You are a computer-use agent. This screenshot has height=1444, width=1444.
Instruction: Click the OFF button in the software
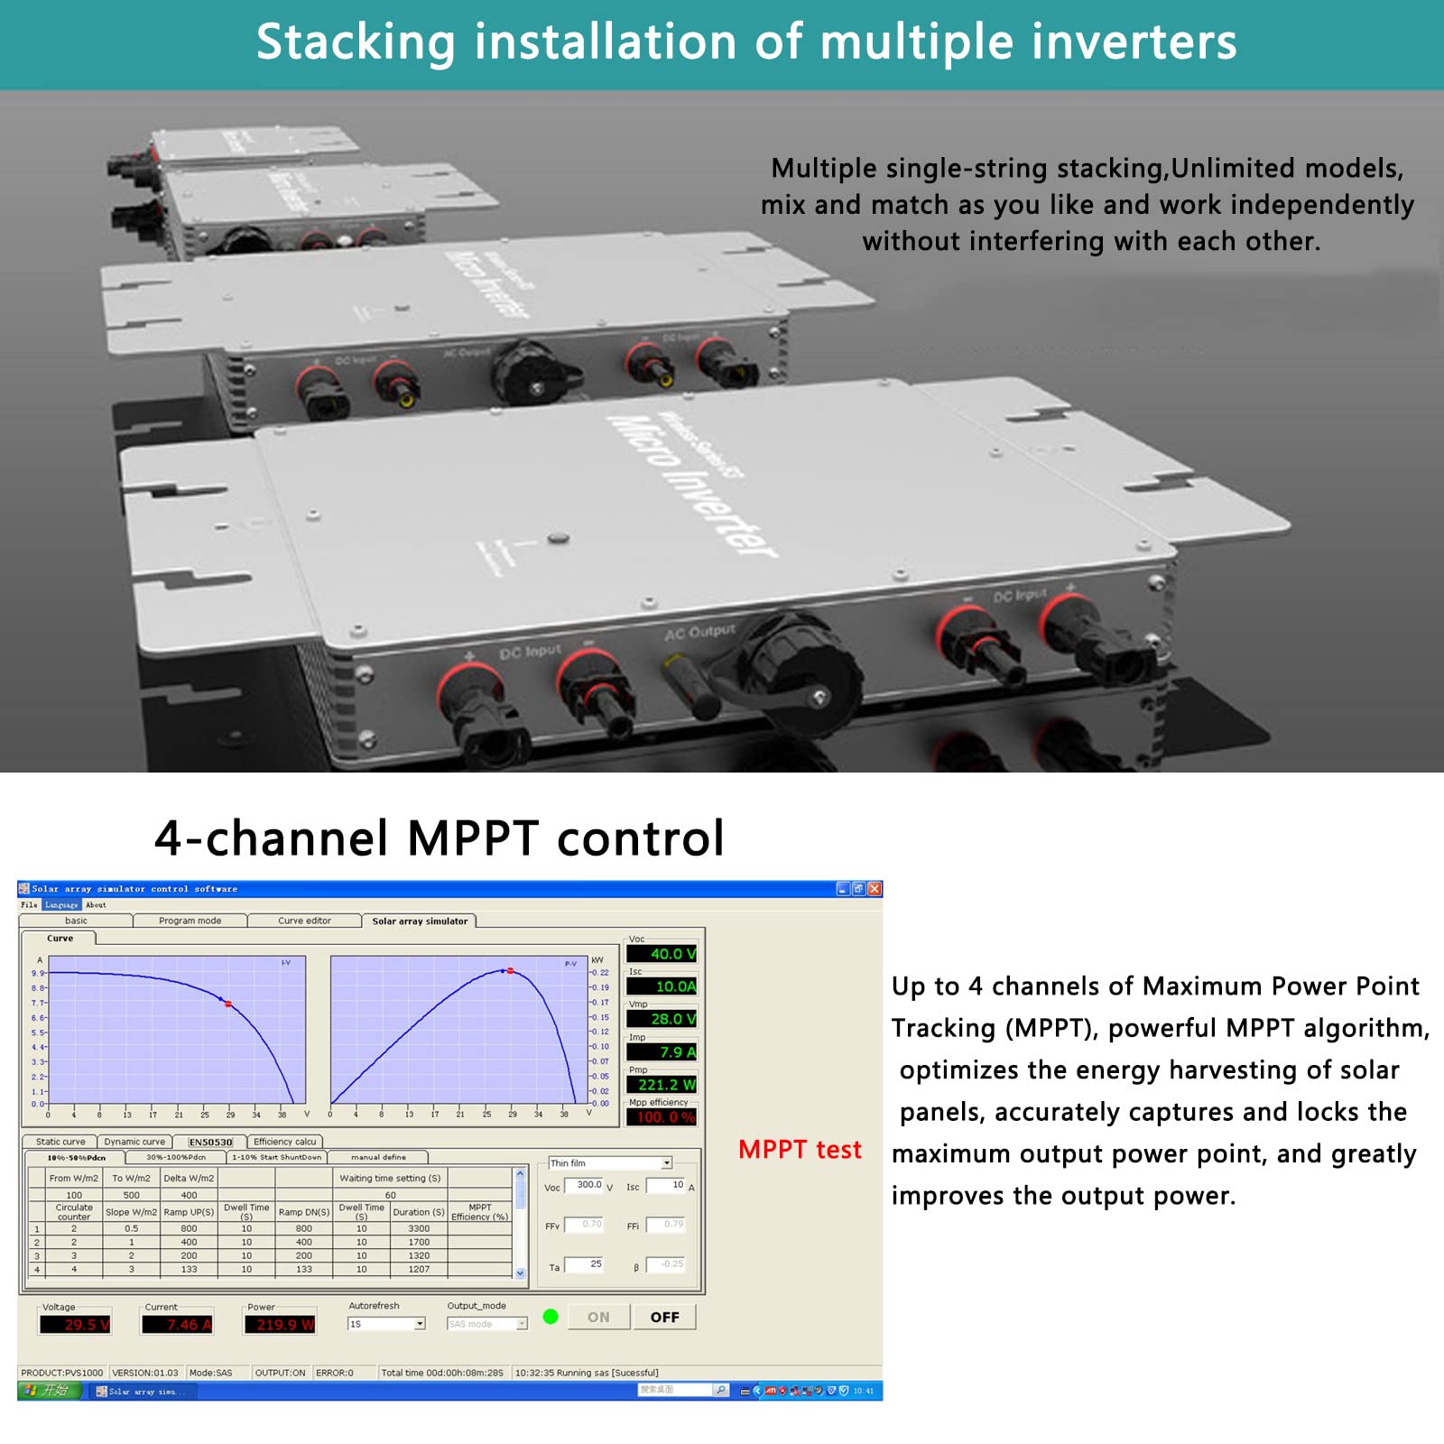(x=664, y=1317)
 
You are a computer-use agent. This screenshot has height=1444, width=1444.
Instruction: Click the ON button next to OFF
(x=598, y=1317)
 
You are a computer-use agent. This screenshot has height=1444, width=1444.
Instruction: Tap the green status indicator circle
(x=551, y=1317)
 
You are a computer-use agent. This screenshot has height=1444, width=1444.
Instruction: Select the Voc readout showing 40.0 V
(x=662, y=954)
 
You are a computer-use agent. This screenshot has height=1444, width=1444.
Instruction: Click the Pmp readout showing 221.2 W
(x=662, y=1085)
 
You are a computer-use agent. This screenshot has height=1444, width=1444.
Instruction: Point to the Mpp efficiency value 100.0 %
(x=662, y=1117)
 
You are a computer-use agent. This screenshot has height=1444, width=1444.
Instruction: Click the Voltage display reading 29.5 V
(x=76, y=1324)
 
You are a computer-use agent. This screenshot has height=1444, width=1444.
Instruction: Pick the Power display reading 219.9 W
(x=281, y=1324)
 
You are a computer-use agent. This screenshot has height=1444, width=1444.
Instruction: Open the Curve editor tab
(x=304, y=921)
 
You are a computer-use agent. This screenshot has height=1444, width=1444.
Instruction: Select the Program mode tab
(x=190, y=921)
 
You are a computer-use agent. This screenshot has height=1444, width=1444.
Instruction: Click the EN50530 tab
(x=210, y=1142)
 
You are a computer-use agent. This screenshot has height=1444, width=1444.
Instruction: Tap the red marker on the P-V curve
(x=511, y=971)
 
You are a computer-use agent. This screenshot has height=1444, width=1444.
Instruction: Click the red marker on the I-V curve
(x=228, y=1004)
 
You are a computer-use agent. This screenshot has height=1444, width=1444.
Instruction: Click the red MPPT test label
(x=800, y=1150)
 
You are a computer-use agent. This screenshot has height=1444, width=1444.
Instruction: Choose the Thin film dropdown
(x=610, y=1163)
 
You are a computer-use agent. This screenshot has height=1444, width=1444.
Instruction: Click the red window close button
(x=874, y=889)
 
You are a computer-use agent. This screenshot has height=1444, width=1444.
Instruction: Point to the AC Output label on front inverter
(x=699, y=632)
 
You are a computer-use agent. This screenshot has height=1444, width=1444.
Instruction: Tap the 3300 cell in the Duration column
(x=419, y=1228)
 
